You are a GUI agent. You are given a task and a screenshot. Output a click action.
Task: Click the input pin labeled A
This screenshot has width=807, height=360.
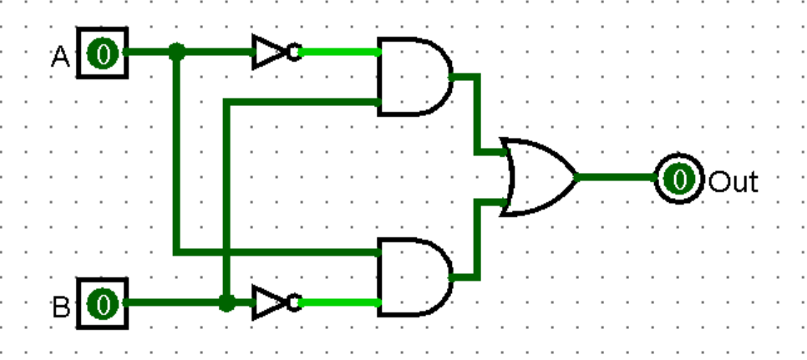click(103, 53)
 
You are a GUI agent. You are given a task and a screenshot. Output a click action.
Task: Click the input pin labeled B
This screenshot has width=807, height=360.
click(103, 303)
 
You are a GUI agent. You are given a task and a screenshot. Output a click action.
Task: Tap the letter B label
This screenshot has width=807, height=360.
click(61, 307)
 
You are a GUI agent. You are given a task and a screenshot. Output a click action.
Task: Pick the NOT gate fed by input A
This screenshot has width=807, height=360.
click(271, 53)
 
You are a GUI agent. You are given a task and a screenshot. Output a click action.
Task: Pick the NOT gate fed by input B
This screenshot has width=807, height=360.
click(271, 302)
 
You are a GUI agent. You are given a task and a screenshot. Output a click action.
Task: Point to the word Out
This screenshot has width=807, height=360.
click(733, 180)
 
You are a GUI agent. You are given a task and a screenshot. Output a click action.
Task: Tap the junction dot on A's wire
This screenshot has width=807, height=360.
click(176, 52)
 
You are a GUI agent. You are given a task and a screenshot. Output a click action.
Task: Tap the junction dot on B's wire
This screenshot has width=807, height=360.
click(226, 302)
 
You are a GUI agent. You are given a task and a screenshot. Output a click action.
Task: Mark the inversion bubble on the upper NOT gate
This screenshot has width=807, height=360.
click(293, 53)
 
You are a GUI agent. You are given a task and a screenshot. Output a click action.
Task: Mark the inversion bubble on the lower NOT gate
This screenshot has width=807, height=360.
click(293, 302)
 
